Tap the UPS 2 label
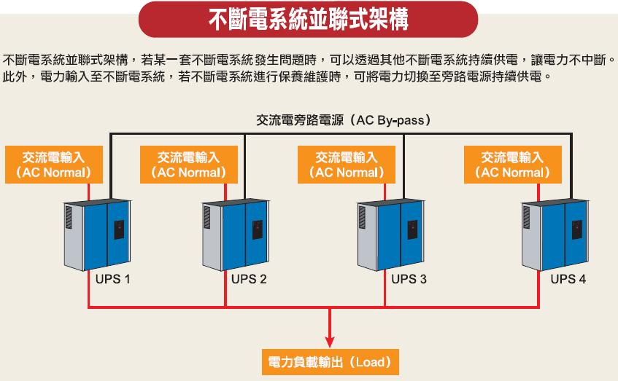pos(250,279)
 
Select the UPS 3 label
pos(409,279)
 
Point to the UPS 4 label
pos(568,279)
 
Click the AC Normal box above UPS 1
pos(53,165)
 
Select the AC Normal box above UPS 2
pos(188,165)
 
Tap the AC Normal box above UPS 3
pos(347,165)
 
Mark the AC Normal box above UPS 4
pos(512,165)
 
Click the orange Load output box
pos(331,361)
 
